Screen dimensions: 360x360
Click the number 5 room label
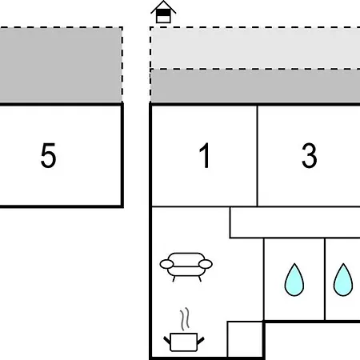(48, 155)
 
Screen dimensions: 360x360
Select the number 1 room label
(205, 155)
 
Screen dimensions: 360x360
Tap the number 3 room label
(310, 155)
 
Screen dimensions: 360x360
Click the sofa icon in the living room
(186, 266)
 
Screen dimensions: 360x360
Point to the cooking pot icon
(184, 342)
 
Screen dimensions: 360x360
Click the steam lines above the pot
(185, 318)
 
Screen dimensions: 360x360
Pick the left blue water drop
(294, 280)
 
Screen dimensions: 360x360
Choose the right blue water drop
(343, 280)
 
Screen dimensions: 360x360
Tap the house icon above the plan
(163, 12)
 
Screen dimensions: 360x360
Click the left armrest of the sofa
(166, 264)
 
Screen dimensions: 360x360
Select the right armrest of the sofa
(206, 264)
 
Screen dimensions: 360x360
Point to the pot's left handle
(167, 340)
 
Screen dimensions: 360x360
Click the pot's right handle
(201, 340)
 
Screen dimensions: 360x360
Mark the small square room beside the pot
(245, 339)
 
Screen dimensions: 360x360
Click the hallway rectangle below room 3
(294, 222)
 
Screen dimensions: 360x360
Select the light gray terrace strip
(255, 48)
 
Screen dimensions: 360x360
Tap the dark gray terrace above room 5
(61, 65)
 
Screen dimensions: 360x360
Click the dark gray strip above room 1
(255, 86)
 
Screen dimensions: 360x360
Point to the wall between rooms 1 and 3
(258, 156)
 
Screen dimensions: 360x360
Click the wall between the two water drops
(325, 279)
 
